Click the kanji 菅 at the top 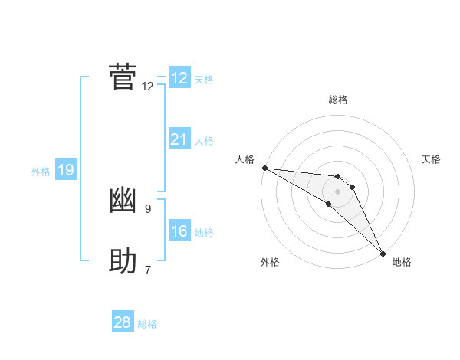(123, 77)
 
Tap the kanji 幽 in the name (123, 200)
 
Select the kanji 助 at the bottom (123, 262)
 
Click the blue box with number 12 (179, 78)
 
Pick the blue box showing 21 (179, 139)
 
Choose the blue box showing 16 (179, 231)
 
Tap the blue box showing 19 (66, 170)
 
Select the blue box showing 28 (123, 322)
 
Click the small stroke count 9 (148, 208)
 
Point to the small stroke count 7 (148, 270)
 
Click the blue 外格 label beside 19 (41, 172)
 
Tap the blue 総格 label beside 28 (147, 324)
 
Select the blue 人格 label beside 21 (204, 141)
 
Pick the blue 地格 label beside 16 (204, 233)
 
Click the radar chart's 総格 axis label (338, 100)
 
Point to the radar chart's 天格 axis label (432, 159)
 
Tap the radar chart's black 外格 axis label (270, 262)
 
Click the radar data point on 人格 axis (264, 168)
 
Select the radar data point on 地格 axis (383, 252)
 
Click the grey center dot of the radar (338, 191)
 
